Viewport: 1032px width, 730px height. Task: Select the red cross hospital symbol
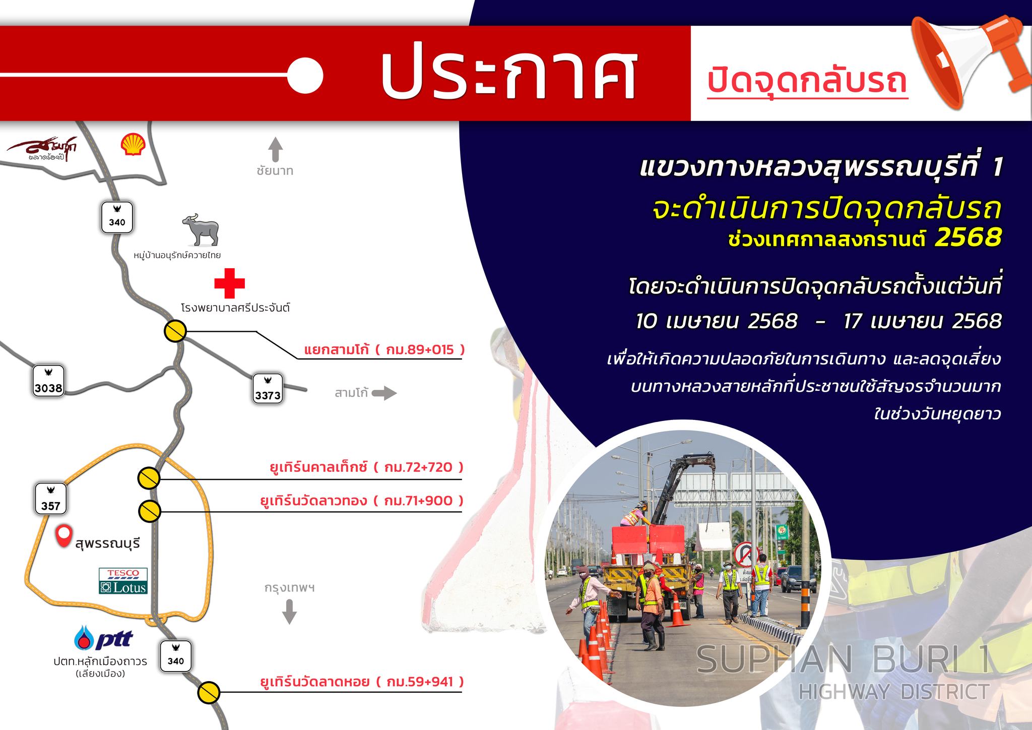pyautogui.click(x=229, y=283)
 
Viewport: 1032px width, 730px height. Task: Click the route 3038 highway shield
pyautogui.click(x=49, y=382)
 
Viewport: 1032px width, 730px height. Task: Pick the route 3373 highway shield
pyautogui.click(x=268, y=389)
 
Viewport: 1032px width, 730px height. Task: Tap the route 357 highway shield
pyautogui.click(x=51, y=499)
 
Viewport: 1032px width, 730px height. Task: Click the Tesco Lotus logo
pyautogui.click(x=123, y=581)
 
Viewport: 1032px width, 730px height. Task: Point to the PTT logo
pyautogui.click(x=103, y=638)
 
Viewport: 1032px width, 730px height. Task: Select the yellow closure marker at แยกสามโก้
pyautogui.click(x=175, y=331)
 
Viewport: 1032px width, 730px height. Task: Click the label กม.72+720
pyautogui.click(x=418, y=467)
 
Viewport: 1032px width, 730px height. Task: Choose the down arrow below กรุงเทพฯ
pyautogui.click(x=289, y=612)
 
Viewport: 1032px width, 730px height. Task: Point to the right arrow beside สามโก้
pyautogui.click(x=384, y=393)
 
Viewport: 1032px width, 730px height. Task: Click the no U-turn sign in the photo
pyautogui.click(x=746, y=555)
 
